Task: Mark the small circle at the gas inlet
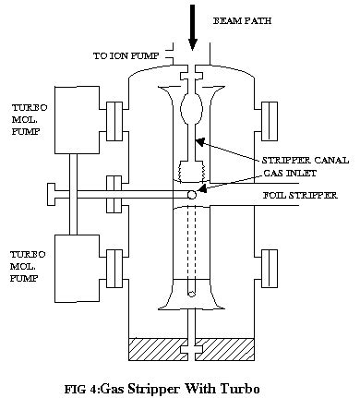tap(192, 195)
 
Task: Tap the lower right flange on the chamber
tap(269, 266)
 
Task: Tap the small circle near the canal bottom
tap(192, 295)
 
